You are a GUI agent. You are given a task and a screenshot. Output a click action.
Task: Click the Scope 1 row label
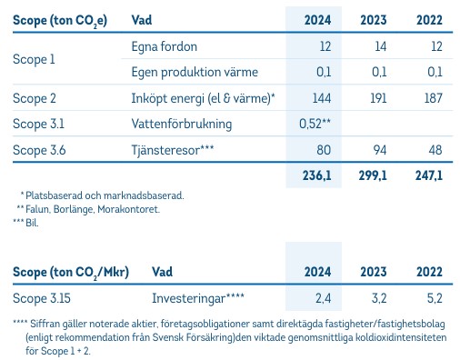point(33,58)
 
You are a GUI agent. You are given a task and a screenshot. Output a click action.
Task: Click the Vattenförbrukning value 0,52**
point(314,122)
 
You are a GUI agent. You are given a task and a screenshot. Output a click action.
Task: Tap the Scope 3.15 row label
point(41,296)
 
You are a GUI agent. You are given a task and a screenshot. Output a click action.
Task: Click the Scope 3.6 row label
point(38,147)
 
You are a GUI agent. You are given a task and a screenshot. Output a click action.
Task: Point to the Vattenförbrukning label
point(179,122)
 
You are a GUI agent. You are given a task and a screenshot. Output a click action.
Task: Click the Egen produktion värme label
point(190,71)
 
